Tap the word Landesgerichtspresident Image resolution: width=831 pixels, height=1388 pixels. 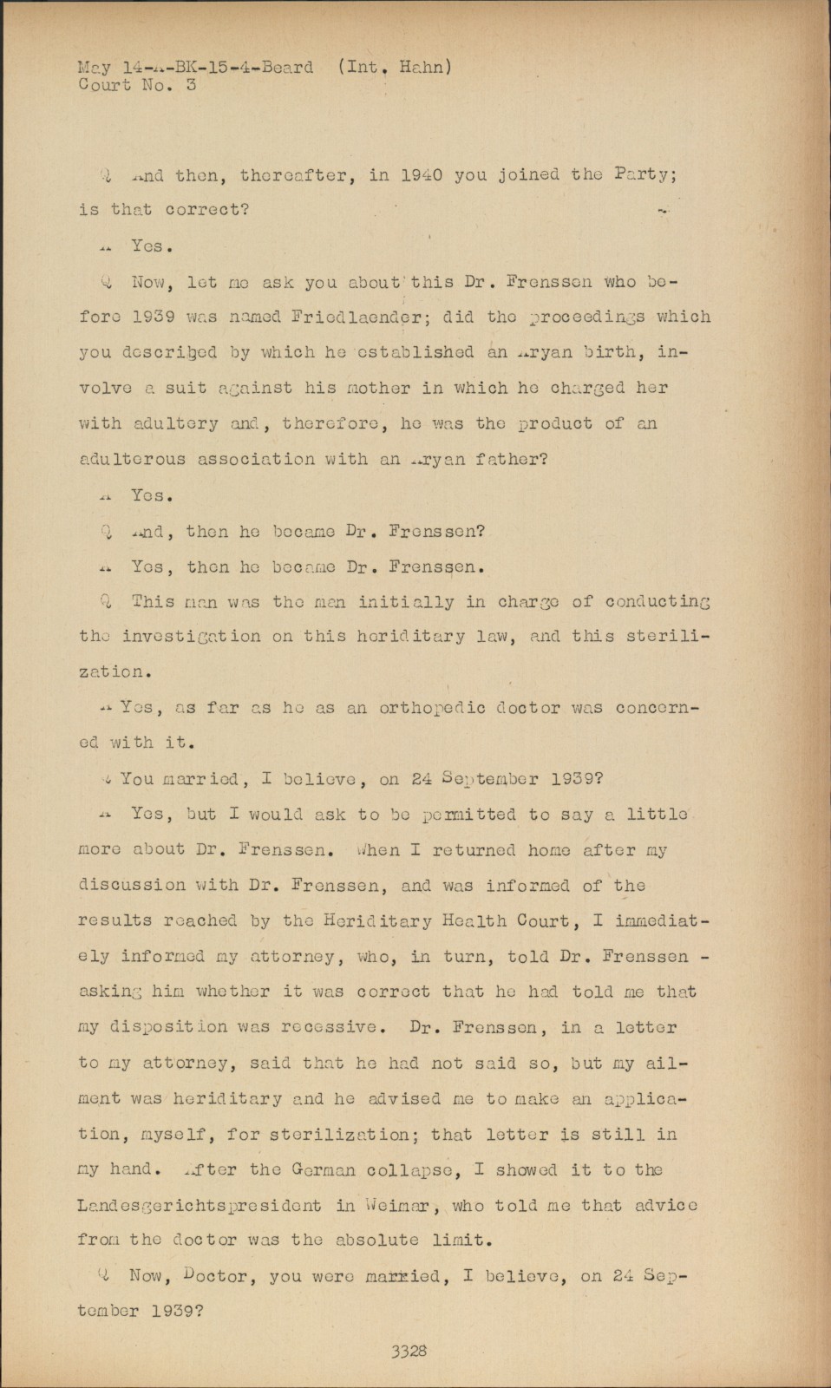point(200,1206)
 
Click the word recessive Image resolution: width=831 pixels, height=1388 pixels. point(328,1027)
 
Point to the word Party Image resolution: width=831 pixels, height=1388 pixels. point(644,174)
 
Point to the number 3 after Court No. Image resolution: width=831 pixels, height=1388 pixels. point(191,85)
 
